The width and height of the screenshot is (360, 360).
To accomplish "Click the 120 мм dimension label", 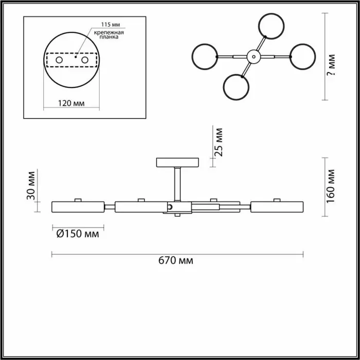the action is point(71,103).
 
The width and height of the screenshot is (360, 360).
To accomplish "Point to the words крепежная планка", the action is point(109,34).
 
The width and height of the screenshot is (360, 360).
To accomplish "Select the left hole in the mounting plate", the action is point(59,60).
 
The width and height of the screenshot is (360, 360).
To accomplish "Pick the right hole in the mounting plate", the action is point(85,60).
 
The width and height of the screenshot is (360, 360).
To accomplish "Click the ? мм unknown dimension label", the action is point(331,64).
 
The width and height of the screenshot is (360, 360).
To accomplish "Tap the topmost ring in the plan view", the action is point(271,26).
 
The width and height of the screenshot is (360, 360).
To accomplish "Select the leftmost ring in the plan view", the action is point(205,57).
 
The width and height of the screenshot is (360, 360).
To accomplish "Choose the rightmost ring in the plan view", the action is point(302,57).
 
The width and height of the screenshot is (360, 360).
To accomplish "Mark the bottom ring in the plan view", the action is point(236,87).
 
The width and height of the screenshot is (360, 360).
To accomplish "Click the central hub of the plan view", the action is point(254,57).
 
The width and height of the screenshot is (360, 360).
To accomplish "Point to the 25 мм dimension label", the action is point(219,142).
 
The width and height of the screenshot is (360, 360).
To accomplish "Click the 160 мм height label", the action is point(331,186).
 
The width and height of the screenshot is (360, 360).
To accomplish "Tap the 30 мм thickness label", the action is point(31,186).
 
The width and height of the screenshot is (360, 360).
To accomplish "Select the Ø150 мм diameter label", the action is point(78,234).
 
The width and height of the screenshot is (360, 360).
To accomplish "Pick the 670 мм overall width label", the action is point(176,261).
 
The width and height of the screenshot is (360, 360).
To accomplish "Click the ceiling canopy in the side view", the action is point(177,163).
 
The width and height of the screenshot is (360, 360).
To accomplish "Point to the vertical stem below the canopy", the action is point(177,184).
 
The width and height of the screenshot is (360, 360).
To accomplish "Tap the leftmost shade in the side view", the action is point(78,207).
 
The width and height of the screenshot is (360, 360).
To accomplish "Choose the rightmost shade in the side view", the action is point(277,207).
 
